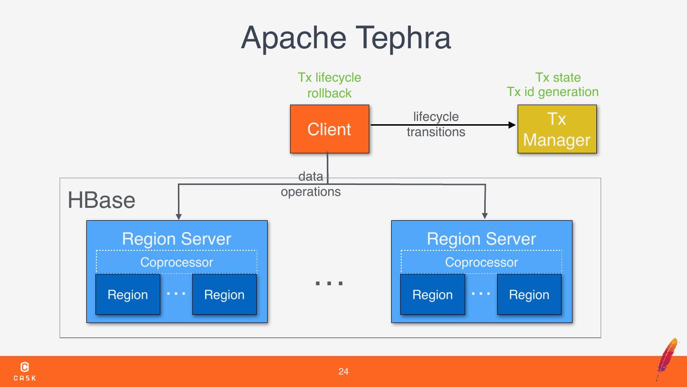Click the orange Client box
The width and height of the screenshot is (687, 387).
click(x=329, y=129)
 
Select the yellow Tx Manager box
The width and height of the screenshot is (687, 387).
click(x=557, y=129)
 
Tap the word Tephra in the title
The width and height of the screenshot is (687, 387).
click(x=403, y=38)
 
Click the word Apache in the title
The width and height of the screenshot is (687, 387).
click(x=294, y=38)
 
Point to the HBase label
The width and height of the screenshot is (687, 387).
click(x=101, y=200)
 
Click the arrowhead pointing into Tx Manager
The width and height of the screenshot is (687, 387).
click(x=512, y=125)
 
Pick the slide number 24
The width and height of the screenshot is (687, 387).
click(x=343, y=371)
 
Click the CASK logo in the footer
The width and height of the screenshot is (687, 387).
click(x=24, y=371)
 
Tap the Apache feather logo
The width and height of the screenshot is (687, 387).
click(x=667, y=359)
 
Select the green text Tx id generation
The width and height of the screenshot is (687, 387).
click(x=552, y=92)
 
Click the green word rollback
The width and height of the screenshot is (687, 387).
click(x=329, y=93)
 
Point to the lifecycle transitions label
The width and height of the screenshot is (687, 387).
click(x=436, y=124)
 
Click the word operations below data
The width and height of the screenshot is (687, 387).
click(x=311, y=192)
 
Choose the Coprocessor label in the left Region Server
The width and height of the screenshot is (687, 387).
click(x=177, y=262)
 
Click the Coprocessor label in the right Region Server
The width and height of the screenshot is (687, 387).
click(x=481, y=262)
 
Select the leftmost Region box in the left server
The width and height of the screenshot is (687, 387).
click(x=127, y=294)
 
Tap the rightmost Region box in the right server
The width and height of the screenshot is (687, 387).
click(x=529, y=294)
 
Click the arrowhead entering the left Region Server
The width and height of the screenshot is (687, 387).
click(x=178, y=216)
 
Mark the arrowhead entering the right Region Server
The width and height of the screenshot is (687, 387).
click(x=485, y=216)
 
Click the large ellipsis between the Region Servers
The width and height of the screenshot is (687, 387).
click(x=329, y=283)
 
